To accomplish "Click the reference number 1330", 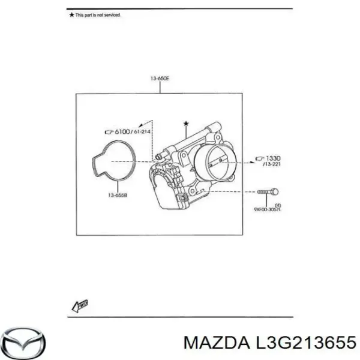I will coord(269,158).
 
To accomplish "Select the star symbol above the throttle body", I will coord(185,123).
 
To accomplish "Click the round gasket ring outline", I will coord(116,159).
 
